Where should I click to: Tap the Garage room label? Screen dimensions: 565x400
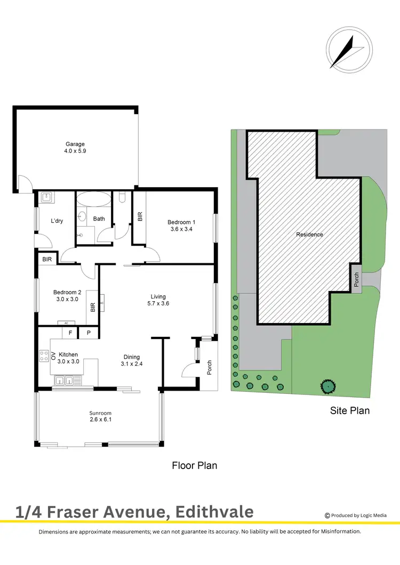point(75,144)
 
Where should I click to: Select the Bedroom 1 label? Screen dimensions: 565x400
point(181,222)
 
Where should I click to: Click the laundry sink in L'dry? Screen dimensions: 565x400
point(46,197)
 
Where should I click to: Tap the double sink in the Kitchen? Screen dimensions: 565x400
point(66,381)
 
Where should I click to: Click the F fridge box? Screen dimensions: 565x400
point(70,333)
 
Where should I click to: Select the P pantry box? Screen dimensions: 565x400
point(88,333)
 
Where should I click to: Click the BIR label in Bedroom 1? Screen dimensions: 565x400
point(140,216)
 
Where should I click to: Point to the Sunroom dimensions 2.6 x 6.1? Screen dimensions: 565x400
point(100,419)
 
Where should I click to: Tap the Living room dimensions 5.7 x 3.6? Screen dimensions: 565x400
point(158,303)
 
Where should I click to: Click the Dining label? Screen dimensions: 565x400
point(132,357)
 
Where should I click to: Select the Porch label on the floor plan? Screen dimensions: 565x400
point(209,368)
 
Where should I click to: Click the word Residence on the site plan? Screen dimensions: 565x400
point(310,235)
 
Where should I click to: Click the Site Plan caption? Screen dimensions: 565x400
point(349,410)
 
